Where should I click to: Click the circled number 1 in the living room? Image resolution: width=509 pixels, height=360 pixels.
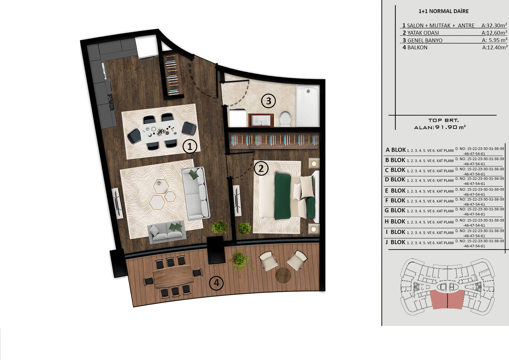click(x=190, y=147)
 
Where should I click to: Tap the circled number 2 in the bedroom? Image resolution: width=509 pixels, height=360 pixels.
click(x=261, y=168)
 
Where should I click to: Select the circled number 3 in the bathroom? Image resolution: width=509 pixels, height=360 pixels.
click(x=268, y=101)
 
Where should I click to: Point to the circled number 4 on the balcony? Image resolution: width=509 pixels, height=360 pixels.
click(x=216, y=283)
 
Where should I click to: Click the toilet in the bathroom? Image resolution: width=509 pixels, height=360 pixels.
click(x=285, y=119)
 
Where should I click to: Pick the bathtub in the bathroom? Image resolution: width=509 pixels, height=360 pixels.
click(x=308, y=106)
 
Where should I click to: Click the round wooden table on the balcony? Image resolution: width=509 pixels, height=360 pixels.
click(x=283, y=275)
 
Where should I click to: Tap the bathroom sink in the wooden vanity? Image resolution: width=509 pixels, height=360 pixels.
click(x=261, y=120)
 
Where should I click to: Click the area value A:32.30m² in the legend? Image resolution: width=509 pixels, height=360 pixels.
click(x=494, y=25)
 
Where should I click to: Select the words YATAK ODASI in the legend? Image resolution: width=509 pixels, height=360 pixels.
click(x=423, y=33)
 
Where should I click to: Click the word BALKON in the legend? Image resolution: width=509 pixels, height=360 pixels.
click(x=417, y=47)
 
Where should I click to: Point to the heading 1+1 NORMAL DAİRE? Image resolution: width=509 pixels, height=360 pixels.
click(x=443, y=11)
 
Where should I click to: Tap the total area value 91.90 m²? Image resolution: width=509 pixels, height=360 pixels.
click(x=450, y=127)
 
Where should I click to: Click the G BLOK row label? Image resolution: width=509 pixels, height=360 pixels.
click(x=395, y=210)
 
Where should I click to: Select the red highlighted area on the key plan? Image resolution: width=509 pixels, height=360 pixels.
click(x=447, y=300)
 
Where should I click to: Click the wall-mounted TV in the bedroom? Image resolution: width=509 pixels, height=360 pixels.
click(x=237, y=201)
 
